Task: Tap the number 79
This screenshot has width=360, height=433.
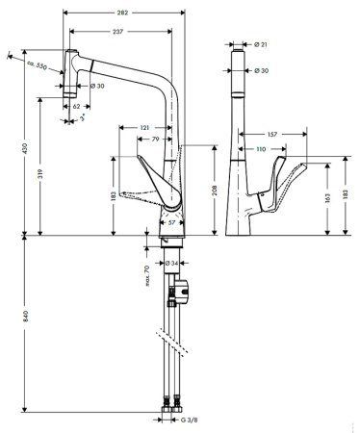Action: [x=156, y=140]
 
